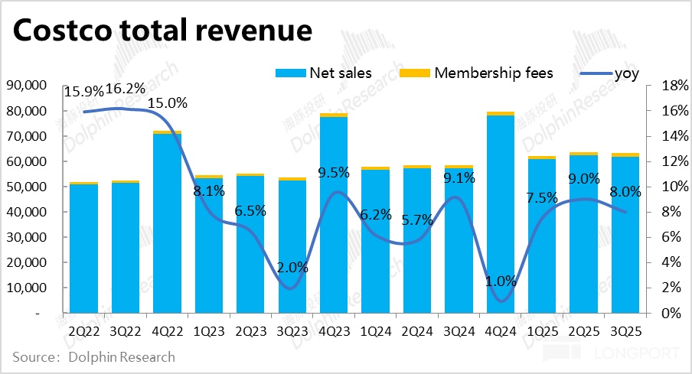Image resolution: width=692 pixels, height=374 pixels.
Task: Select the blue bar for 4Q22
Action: (167, 222)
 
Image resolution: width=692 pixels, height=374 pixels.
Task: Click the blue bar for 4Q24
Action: (501, 214)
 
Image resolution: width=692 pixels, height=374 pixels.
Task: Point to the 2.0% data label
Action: (292, 268)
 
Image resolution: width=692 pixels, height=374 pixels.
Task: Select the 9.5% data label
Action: (334, 172)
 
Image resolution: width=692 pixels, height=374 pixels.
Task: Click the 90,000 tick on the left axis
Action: (26, 86)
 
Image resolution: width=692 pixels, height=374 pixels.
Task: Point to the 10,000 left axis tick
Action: (26, 288)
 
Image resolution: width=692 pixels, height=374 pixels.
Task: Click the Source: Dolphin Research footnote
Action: (94, 357)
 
